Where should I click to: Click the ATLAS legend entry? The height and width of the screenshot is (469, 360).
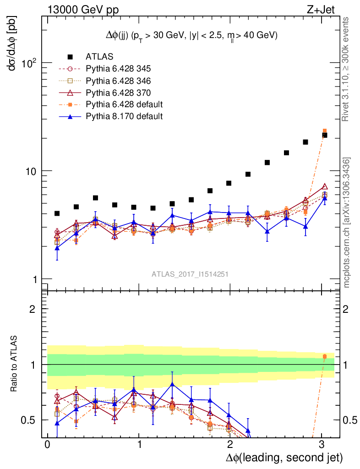point(99,57)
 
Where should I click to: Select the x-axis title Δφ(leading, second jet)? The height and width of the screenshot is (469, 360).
point(284,458)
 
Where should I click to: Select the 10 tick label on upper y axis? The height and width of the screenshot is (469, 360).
point(30,171)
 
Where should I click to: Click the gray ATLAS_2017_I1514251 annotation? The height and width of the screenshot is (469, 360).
point(190,274)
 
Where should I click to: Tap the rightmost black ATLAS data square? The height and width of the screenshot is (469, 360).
point(325,135)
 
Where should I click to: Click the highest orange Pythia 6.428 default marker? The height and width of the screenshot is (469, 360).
point(325,131)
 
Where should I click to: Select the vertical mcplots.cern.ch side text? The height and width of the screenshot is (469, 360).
point(348,222)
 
